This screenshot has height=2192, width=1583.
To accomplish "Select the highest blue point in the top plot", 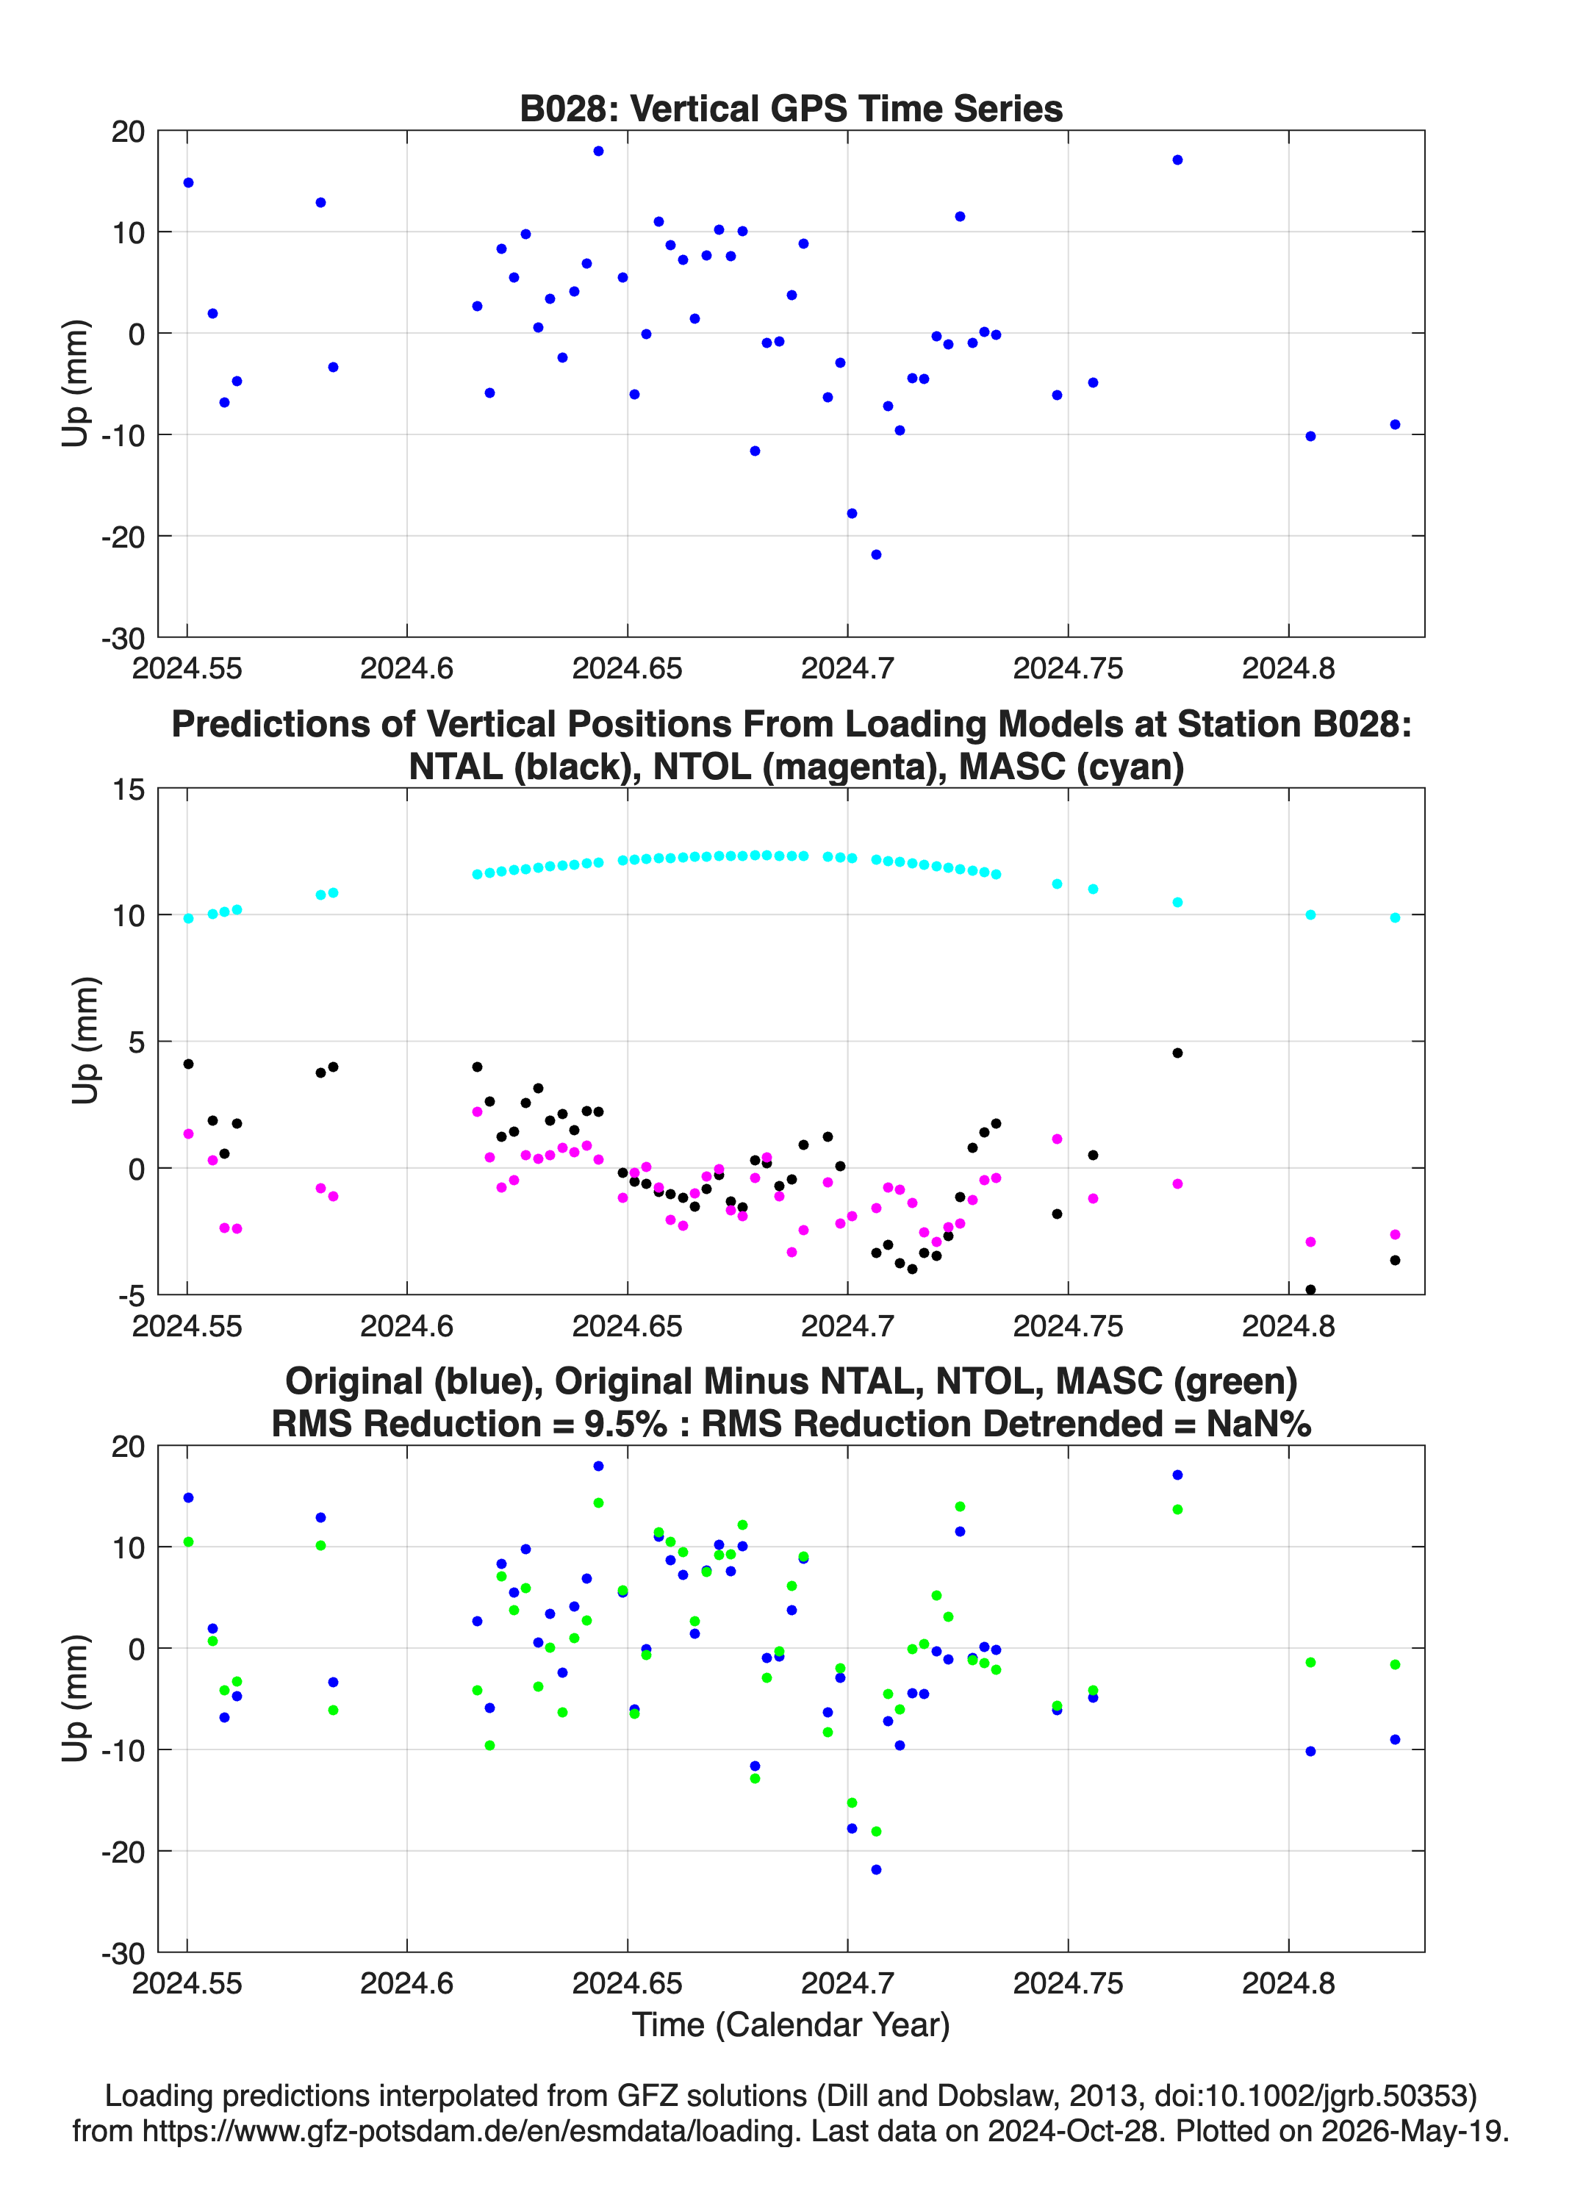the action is coord(598,151).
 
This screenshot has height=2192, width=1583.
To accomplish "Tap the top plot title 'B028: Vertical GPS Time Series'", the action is coord(791,108).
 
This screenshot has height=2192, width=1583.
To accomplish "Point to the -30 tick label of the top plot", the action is coord(123,639).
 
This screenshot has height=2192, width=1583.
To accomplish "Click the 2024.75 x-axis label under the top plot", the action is coord(1068,669).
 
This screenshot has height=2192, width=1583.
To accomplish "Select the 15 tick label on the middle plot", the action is coord(129,789).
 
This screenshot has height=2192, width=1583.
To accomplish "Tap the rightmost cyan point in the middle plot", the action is coord(1395,918).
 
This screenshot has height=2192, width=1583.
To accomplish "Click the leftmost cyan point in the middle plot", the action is coord(188,919).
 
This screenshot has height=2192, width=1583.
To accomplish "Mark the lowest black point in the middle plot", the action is coord(1310,1290).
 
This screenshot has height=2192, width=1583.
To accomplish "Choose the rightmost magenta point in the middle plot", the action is coord(1395,1235).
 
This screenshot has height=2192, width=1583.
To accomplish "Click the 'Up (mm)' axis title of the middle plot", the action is coord(85,1041).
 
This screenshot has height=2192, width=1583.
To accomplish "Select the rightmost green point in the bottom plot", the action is coord(1395,1665).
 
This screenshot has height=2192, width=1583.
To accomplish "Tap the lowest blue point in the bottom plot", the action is coord(875,1870).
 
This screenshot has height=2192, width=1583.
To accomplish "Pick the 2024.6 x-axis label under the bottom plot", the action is coord(407,1983).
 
